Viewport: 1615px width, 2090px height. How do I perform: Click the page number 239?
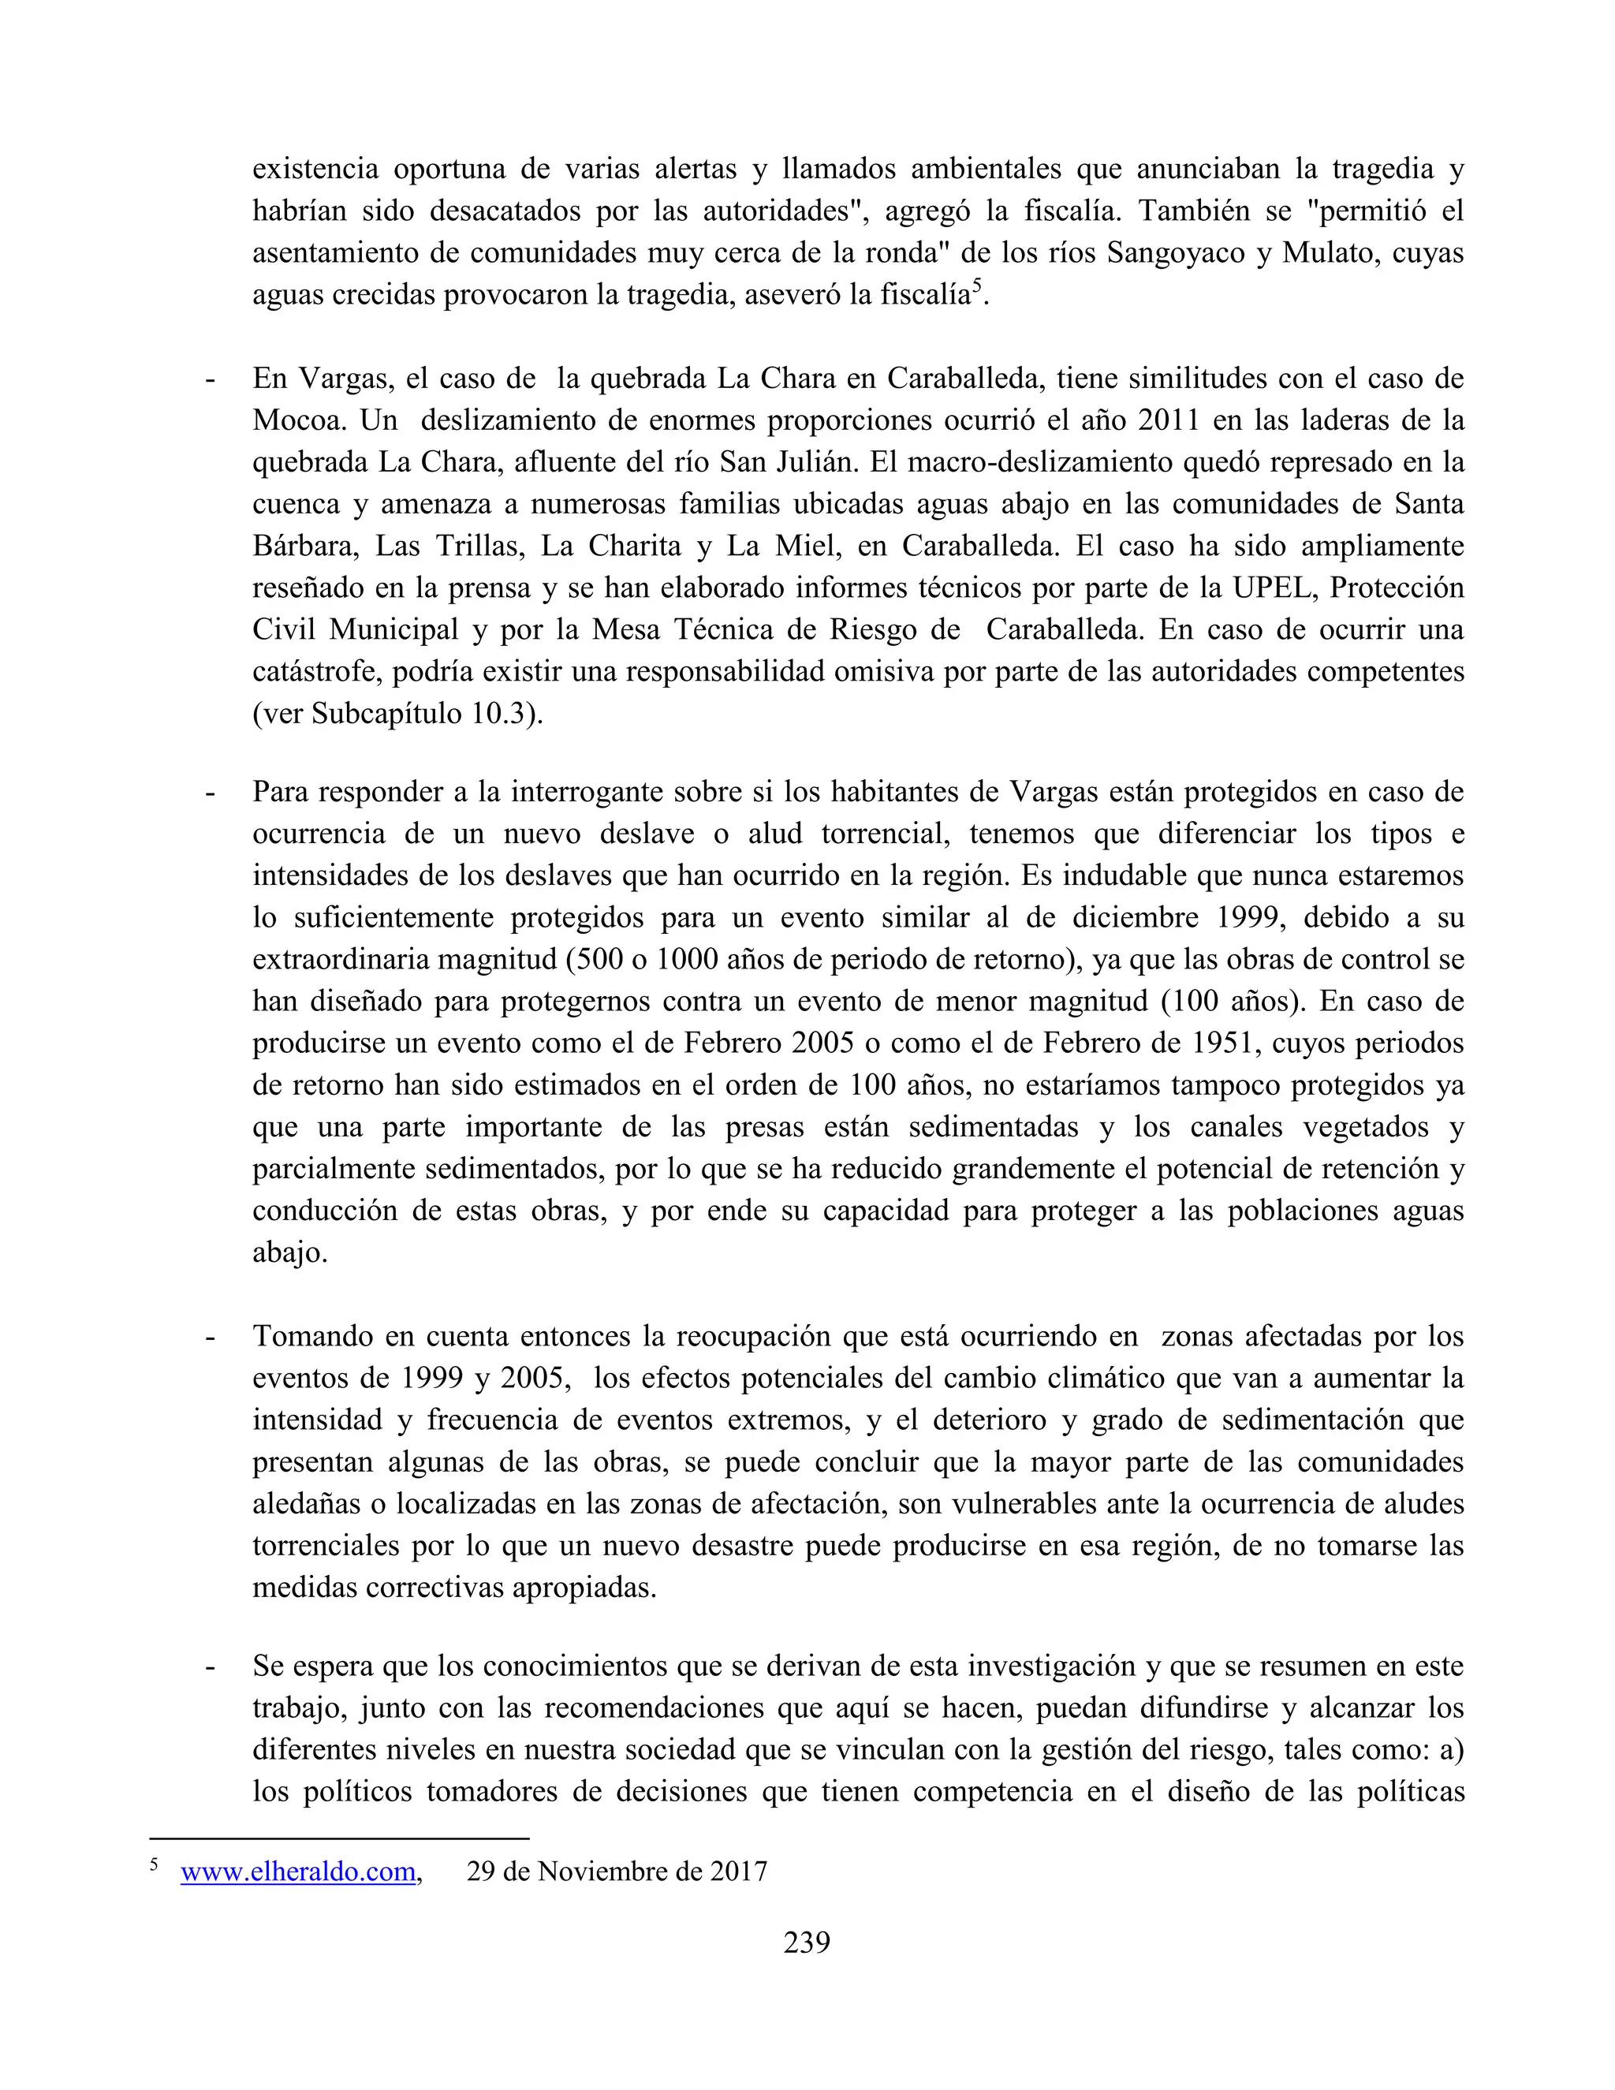[x=807, y=1943]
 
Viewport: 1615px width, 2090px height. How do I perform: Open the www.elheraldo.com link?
[x=299, y=1872]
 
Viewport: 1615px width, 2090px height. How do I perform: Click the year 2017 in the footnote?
[x=737, y=1872]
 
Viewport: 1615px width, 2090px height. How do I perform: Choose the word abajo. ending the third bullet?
[x=290, y=1252]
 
